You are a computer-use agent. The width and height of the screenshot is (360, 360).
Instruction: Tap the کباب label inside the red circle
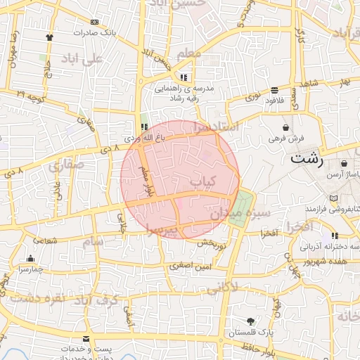pos(202,181)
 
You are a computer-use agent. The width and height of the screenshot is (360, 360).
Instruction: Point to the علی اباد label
pos(82,58)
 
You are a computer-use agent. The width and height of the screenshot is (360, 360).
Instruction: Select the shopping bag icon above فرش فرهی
pos(285,127)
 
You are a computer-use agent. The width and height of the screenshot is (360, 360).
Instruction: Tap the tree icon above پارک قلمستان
pos(250,321)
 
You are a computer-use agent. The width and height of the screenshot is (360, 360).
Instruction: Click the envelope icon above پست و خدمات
pos(86,338)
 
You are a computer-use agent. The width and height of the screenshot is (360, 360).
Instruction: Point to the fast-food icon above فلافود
pos(274,90)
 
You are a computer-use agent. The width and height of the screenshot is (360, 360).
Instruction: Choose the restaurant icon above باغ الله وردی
pos(144,127)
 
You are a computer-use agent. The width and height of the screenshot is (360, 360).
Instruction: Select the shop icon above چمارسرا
pos(30,258)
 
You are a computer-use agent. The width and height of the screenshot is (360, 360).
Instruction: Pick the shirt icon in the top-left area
pos(49,37)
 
